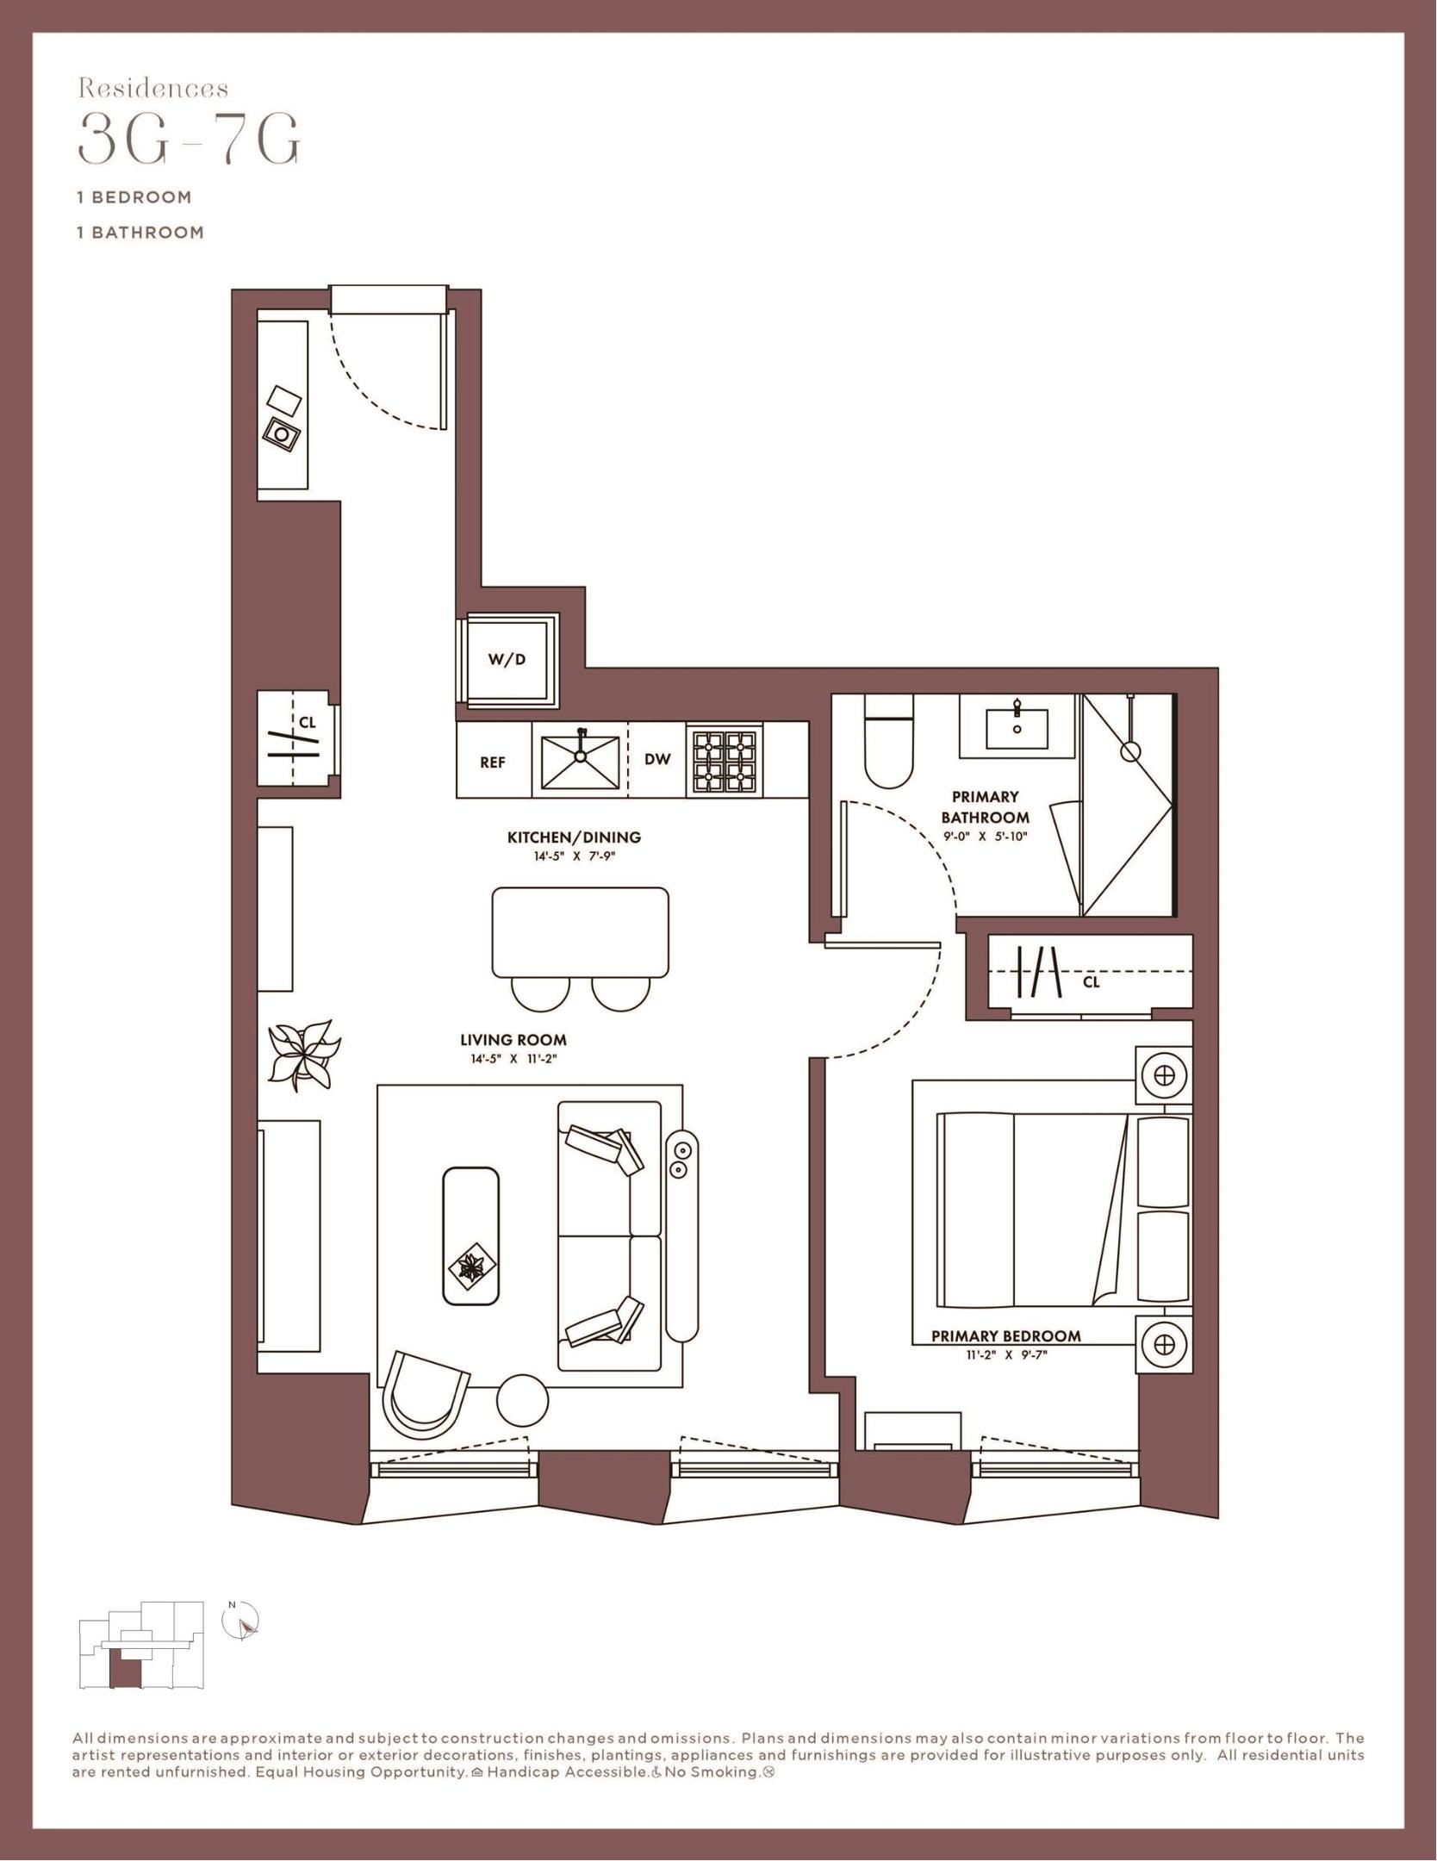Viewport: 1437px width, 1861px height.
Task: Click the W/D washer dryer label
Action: click(x=507, y=660)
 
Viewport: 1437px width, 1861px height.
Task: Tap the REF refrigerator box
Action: click(x=493, y=762)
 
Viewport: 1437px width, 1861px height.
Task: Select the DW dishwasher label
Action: click(x=657, y=759)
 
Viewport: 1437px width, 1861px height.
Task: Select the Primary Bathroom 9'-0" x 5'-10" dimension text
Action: click(x=985, y=836)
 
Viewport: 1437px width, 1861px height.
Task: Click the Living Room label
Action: click(x=513, y=1040)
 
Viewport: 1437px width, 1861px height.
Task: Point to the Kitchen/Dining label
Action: click(x=574, y=837)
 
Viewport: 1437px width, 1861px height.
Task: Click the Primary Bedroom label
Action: click(x=1005, y=1336)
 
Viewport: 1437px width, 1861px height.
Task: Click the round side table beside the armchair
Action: click(x=523, y=1402)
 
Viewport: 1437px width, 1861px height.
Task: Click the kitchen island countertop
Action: click(x=580, y=932)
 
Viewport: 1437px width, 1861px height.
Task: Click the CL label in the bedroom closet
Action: click(x=1091, y=981)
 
